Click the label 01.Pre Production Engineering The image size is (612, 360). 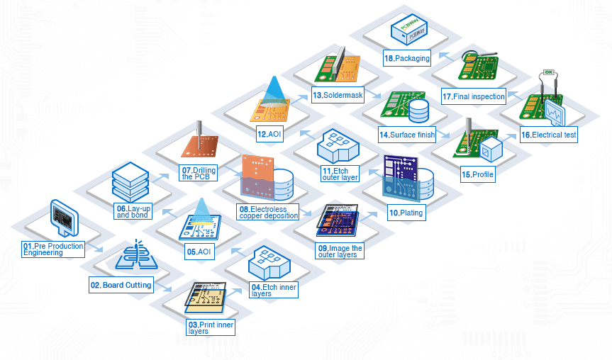(x=52, y=249)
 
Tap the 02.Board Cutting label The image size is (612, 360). (x=121, y=285)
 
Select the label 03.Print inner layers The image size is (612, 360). (x=211, y=327)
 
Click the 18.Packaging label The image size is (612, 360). (x=407, y=60)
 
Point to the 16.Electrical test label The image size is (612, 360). (x=549, y=134)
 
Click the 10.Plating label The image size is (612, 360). (x=406, y=213)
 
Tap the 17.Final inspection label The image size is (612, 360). (x=474, y=96)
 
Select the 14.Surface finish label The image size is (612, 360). (x=407, y=135)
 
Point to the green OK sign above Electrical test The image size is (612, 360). (x=548, y=72)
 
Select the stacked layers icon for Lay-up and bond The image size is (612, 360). (x=130, y=181)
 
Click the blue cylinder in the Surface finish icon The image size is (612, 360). (x=419, y=109)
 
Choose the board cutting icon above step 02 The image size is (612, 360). (x=134, y=257)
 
